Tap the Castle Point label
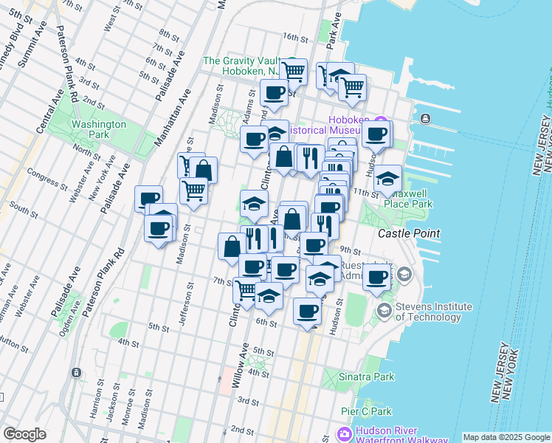(409, 233)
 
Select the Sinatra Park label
(367, 377)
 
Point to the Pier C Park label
(366, 411)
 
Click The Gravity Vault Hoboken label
(241, 66)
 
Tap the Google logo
(25, 434)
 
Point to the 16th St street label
(294, 37)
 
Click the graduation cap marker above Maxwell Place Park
(387, 178)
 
